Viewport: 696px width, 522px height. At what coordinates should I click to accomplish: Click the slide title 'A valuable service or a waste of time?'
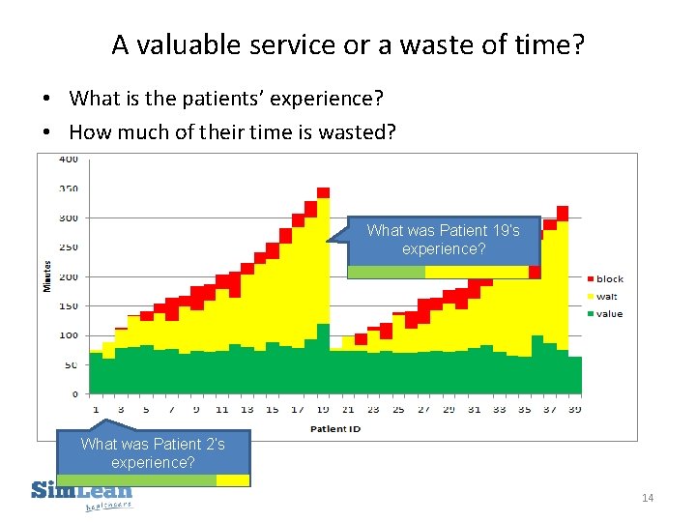pyautogui.click(x=348, y=44)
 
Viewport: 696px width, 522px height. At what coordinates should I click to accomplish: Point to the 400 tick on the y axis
pyautogui.click(x=70, y=159)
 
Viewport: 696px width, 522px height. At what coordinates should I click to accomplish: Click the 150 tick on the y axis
pyautogui.click(x=70, y=306)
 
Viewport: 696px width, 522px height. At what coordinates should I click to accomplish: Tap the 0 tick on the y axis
pyautogui.click(x=75, y=394)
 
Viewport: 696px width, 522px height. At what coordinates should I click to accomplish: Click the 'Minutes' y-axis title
pyautogui.click(x=45, y=275)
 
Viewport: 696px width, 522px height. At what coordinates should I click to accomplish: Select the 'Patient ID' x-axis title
pyautogui.click(x=335, y=428)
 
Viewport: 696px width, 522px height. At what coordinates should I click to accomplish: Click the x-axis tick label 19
pyautogui.click(x=323, y=409)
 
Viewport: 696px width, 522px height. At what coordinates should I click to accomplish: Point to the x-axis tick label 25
pyautogui.click(x=398, y=409)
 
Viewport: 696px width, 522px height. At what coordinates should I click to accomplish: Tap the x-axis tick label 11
pyautogui.click(x=221, y=409)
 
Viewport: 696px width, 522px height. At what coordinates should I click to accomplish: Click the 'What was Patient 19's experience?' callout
pyautogui.click(x=443, y=240)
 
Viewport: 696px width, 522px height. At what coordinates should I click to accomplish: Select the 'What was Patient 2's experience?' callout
pyautogui.click(x=153, y=453)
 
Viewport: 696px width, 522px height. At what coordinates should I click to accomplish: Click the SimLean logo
pyautogui.click(x=81, y=493)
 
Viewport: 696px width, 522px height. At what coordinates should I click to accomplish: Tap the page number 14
pyautogui.click(x=647, y=498)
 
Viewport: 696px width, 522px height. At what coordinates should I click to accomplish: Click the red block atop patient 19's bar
pyautogui.click(x=323, y=192)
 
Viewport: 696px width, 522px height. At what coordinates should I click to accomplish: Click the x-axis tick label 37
pyautogui.click(x=549, y=409)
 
